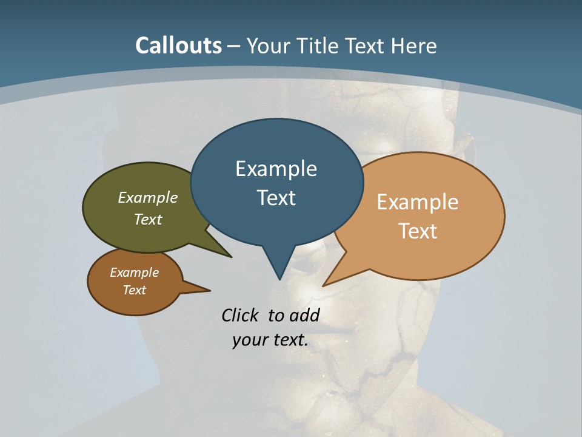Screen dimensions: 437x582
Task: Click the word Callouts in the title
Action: [x=178, y=46]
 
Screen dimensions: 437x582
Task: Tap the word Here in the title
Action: [x=413, y=46]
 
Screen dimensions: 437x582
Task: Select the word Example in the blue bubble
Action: [x=276, y=169]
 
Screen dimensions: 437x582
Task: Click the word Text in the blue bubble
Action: [x=276, y=198]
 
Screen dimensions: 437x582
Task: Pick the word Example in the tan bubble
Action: [x=418, y=202]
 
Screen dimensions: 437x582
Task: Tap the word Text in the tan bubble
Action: [x=418, y=231]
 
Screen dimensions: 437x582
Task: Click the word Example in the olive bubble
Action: [x=148, y=197]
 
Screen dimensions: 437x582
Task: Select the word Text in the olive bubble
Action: [x=148, y=219]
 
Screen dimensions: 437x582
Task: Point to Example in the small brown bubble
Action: [x=134, y=273]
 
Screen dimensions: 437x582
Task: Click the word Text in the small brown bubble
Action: [x=134, y=290]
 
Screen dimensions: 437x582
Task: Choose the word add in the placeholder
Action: [x=304, y=315]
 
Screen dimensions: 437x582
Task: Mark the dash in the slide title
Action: [x=234, y=46]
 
